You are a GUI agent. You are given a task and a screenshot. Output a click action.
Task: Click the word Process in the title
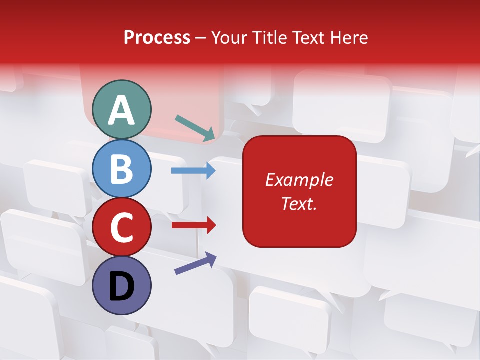coord(157,38)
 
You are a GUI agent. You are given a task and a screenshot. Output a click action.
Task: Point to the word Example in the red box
coord(299,180)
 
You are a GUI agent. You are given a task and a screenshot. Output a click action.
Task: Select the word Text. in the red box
coord(299,203)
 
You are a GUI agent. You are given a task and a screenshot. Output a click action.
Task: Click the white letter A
coord(122,110)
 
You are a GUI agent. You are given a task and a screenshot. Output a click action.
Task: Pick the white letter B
coord(122,169)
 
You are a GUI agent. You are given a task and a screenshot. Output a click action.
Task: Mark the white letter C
coord(122,228)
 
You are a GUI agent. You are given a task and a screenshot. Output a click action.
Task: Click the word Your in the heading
coord(229,38)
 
